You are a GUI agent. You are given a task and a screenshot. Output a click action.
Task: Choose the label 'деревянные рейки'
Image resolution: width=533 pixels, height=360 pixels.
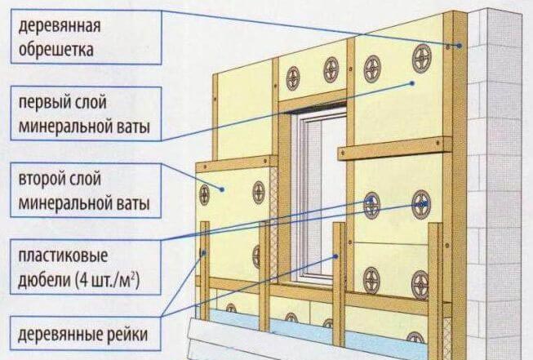82,334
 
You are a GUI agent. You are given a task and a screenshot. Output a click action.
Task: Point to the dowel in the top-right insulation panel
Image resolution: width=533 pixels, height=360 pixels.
422,56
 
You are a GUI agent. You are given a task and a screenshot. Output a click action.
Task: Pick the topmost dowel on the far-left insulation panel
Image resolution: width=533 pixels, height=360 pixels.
204,193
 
